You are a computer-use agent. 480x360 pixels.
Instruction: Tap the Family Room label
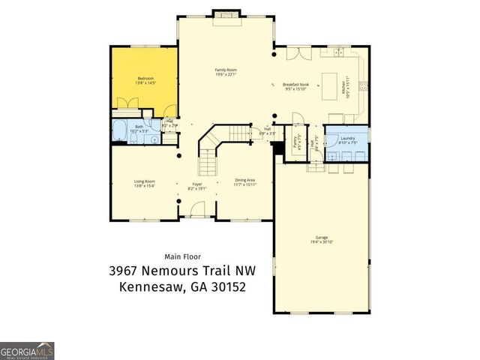point(226,70)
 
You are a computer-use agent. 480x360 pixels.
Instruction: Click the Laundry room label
point(346,138)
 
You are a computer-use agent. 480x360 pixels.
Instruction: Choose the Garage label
point(322,238)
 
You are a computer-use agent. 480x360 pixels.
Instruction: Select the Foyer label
point(197,184)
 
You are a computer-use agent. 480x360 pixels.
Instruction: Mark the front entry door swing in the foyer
point(196,211)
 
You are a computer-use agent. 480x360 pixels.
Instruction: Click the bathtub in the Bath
point(119,127)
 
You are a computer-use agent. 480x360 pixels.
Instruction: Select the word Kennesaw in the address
point(154,286)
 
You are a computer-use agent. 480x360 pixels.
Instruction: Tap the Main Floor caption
point(182,256)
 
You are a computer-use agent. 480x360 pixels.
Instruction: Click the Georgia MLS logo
point(27,350)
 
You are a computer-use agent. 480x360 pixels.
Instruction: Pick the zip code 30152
point(226,286)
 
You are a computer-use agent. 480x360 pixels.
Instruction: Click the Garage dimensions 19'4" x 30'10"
point(322,242)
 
